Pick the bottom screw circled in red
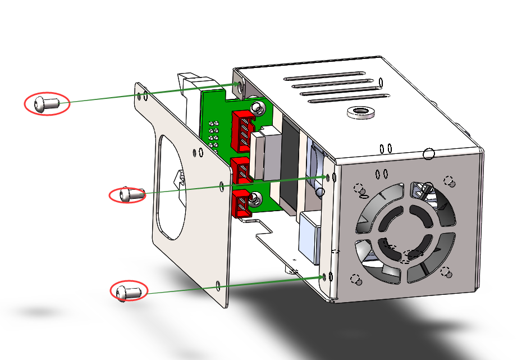click(129, 291)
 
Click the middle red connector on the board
click(241, 170)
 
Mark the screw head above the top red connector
click(257, 107)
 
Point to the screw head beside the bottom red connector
click(257, 198)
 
